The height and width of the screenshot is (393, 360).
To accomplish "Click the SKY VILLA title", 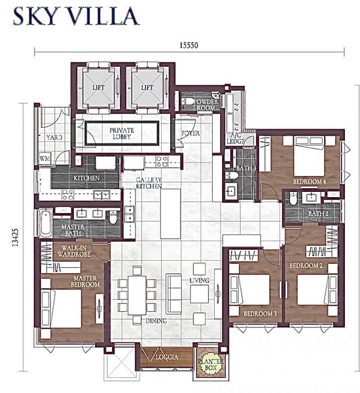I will click(x=75, y=16).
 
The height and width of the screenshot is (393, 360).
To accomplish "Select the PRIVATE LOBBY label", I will click(x=122, y=134).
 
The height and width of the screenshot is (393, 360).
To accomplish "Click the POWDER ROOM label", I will click(x=206, y=105).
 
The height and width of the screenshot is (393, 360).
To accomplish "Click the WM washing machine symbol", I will click(x=45, y=158).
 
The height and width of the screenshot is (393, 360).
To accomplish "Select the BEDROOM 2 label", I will click(x=307, y=265).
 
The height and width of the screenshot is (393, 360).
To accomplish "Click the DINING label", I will click(x=156, y=321).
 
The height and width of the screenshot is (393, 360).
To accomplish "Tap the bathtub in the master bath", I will click(x=46, y=225).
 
